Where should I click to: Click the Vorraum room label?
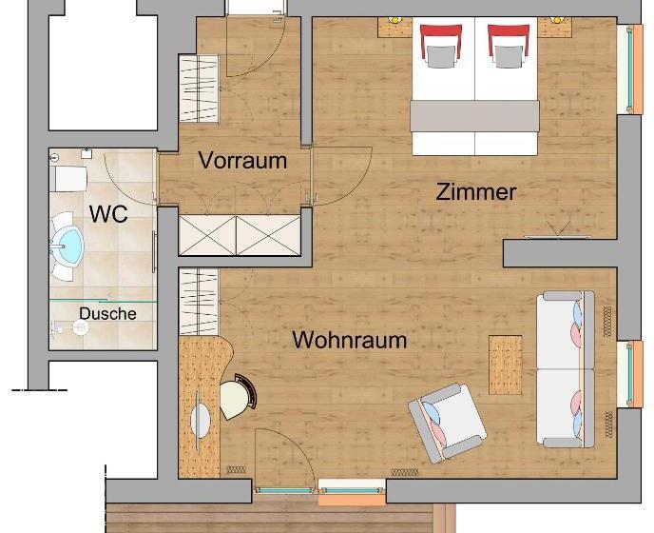click(x=242, y=161)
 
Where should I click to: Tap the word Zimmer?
click(x=476, y=192)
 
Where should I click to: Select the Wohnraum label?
click(x=350, y=340)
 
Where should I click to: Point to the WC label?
click(x=108, y=214)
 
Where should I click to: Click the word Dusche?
click(x=107, y=314)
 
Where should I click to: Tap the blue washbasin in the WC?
click(x=67, y=247)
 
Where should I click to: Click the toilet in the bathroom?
click(x=68, y=179)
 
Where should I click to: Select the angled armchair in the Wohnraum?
click(x=447, y=424)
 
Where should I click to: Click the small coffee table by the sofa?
click(x=505, y=365)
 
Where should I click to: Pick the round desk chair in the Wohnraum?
click(x=238, y=396)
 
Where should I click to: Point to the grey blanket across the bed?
click(x=475, y=116)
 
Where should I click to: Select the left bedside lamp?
click(x=394, y=20)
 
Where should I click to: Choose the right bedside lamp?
click(x=556, y=20)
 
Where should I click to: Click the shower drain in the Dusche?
click(x=81, y=327)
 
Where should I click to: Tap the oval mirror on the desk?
click(x=201, y=421)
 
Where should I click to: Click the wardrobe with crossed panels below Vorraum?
click(x=240, y=235)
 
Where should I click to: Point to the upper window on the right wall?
click(x=630, y=69)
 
